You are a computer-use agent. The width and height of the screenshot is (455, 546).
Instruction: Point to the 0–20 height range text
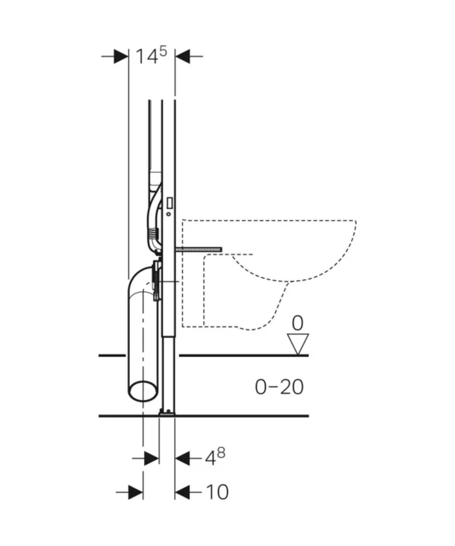tap(279, 387)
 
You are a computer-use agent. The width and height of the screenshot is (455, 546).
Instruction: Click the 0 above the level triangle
tap(298, 324)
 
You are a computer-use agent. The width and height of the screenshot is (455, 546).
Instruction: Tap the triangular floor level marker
tap(299, 344)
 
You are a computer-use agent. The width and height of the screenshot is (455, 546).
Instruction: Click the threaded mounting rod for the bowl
tap(200, 249)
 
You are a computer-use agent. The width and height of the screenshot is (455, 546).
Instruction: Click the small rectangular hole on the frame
tap(171, 202)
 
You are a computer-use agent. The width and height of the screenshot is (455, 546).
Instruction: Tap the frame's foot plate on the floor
tap(166, 412)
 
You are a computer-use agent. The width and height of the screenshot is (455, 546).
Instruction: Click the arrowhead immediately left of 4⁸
tap(182, 459)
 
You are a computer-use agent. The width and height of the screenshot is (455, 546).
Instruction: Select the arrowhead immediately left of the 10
tap(182, 492)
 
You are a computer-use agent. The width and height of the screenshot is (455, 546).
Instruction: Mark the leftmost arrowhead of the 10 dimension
tap(135, 492)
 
